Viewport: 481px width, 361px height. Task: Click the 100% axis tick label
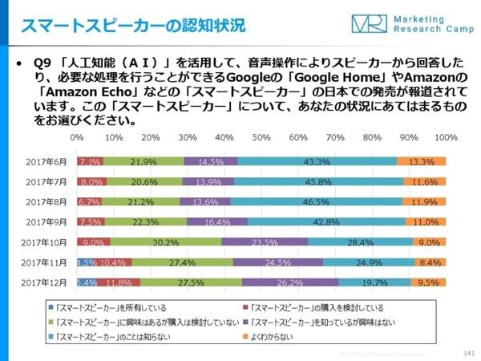[x=445, y=138]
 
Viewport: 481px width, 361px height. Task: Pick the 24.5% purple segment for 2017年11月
[x=278, y=262]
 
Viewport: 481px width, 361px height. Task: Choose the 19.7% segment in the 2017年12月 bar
[x=374, y=282]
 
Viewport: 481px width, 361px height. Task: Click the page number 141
[x=467, y=352]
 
